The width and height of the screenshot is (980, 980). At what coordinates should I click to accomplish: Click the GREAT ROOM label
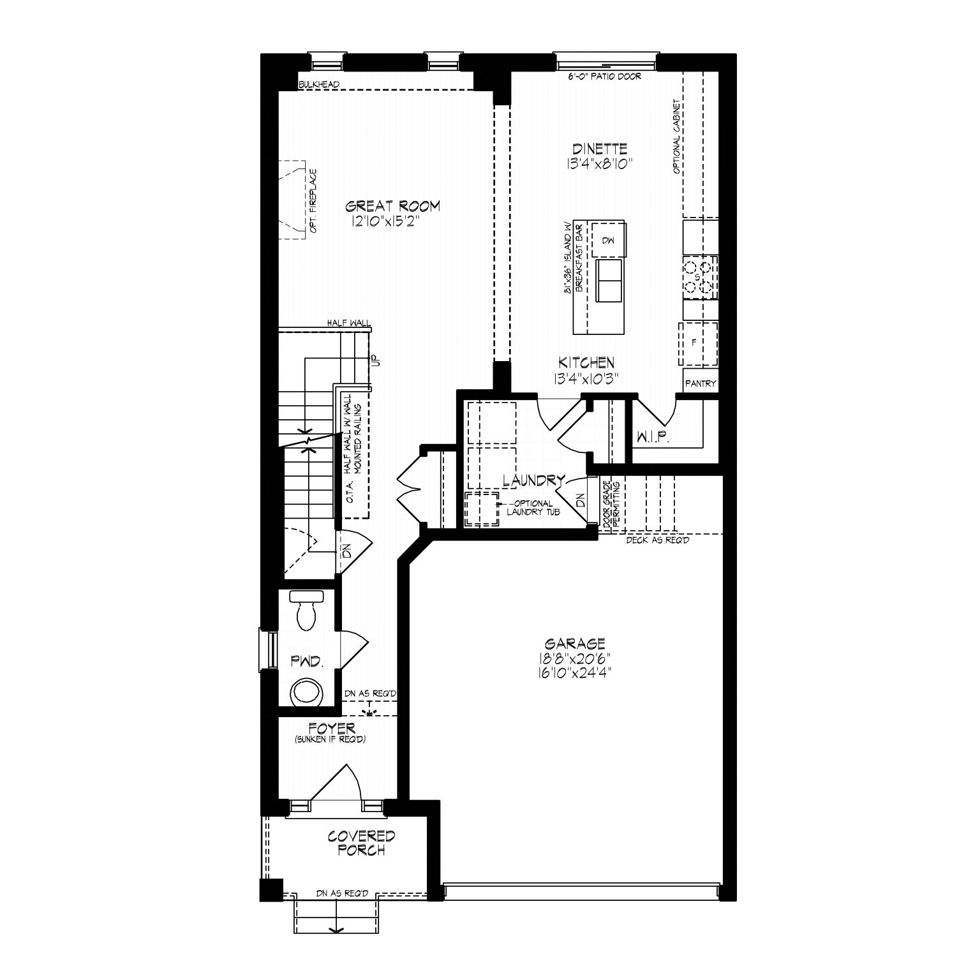(x=393, y=206)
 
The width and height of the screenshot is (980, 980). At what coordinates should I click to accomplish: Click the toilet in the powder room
(x=307, y=610)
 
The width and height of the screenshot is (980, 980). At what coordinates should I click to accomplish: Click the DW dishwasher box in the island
(x=608, y=240)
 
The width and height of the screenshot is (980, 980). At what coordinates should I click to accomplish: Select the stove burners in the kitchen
(x=700, y=277)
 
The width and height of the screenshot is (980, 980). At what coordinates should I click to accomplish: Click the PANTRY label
(x=701, y=384)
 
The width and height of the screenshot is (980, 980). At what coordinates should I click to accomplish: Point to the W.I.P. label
(x=650, y=438)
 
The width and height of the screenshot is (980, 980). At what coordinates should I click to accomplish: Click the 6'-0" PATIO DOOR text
(x=604, y=77)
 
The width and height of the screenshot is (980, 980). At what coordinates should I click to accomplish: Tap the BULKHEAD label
(x=318, y=84)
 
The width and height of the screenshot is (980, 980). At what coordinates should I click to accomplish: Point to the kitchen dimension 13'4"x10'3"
(x=588, y=378)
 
